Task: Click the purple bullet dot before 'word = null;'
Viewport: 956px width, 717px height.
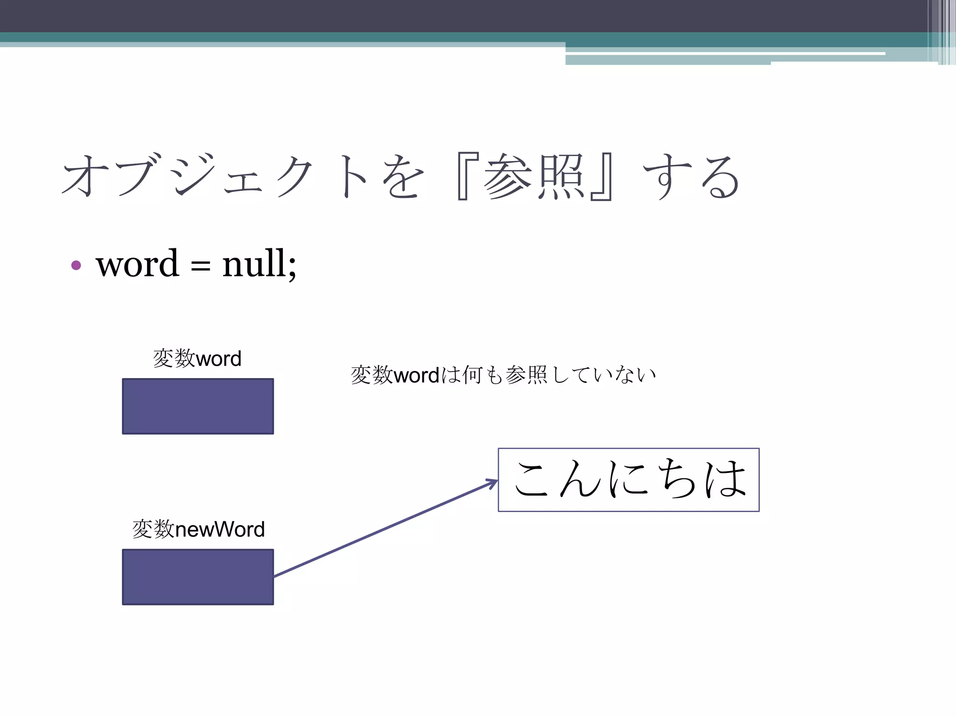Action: [x=76, y=266]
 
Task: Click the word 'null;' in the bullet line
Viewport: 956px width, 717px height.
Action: [x=259, y=264]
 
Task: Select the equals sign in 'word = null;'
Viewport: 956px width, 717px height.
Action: [x=200, y=267]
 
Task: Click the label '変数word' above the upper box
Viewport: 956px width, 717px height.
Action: [x=197, y=358]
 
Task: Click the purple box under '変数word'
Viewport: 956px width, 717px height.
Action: [x=198, y=406]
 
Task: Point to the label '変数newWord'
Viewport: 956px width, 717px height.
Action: [x=198, y=529]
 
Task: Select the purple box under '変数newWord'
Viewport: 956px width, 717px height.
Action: [x=198, y=577]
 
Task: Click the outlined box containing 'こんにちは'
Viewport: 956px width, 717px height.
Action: [x=628, y=480]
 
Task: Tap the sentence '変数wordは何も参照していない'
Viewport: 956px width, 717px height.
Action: [x=503, y=375]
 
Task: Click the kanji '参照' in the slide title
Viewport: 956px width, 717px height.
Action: [x=534, y=176]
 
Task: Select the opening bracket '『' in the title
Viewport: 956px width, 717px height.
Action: [x=467, y=176]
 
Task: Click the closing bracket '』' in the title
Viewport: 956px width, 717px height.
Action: [x=602, y=176]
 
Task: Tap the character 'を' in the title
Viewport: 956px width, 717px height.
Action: [x=402, y=176]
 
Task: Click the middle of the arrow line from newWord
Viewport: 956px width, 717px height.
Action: [x=386, y=529]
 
